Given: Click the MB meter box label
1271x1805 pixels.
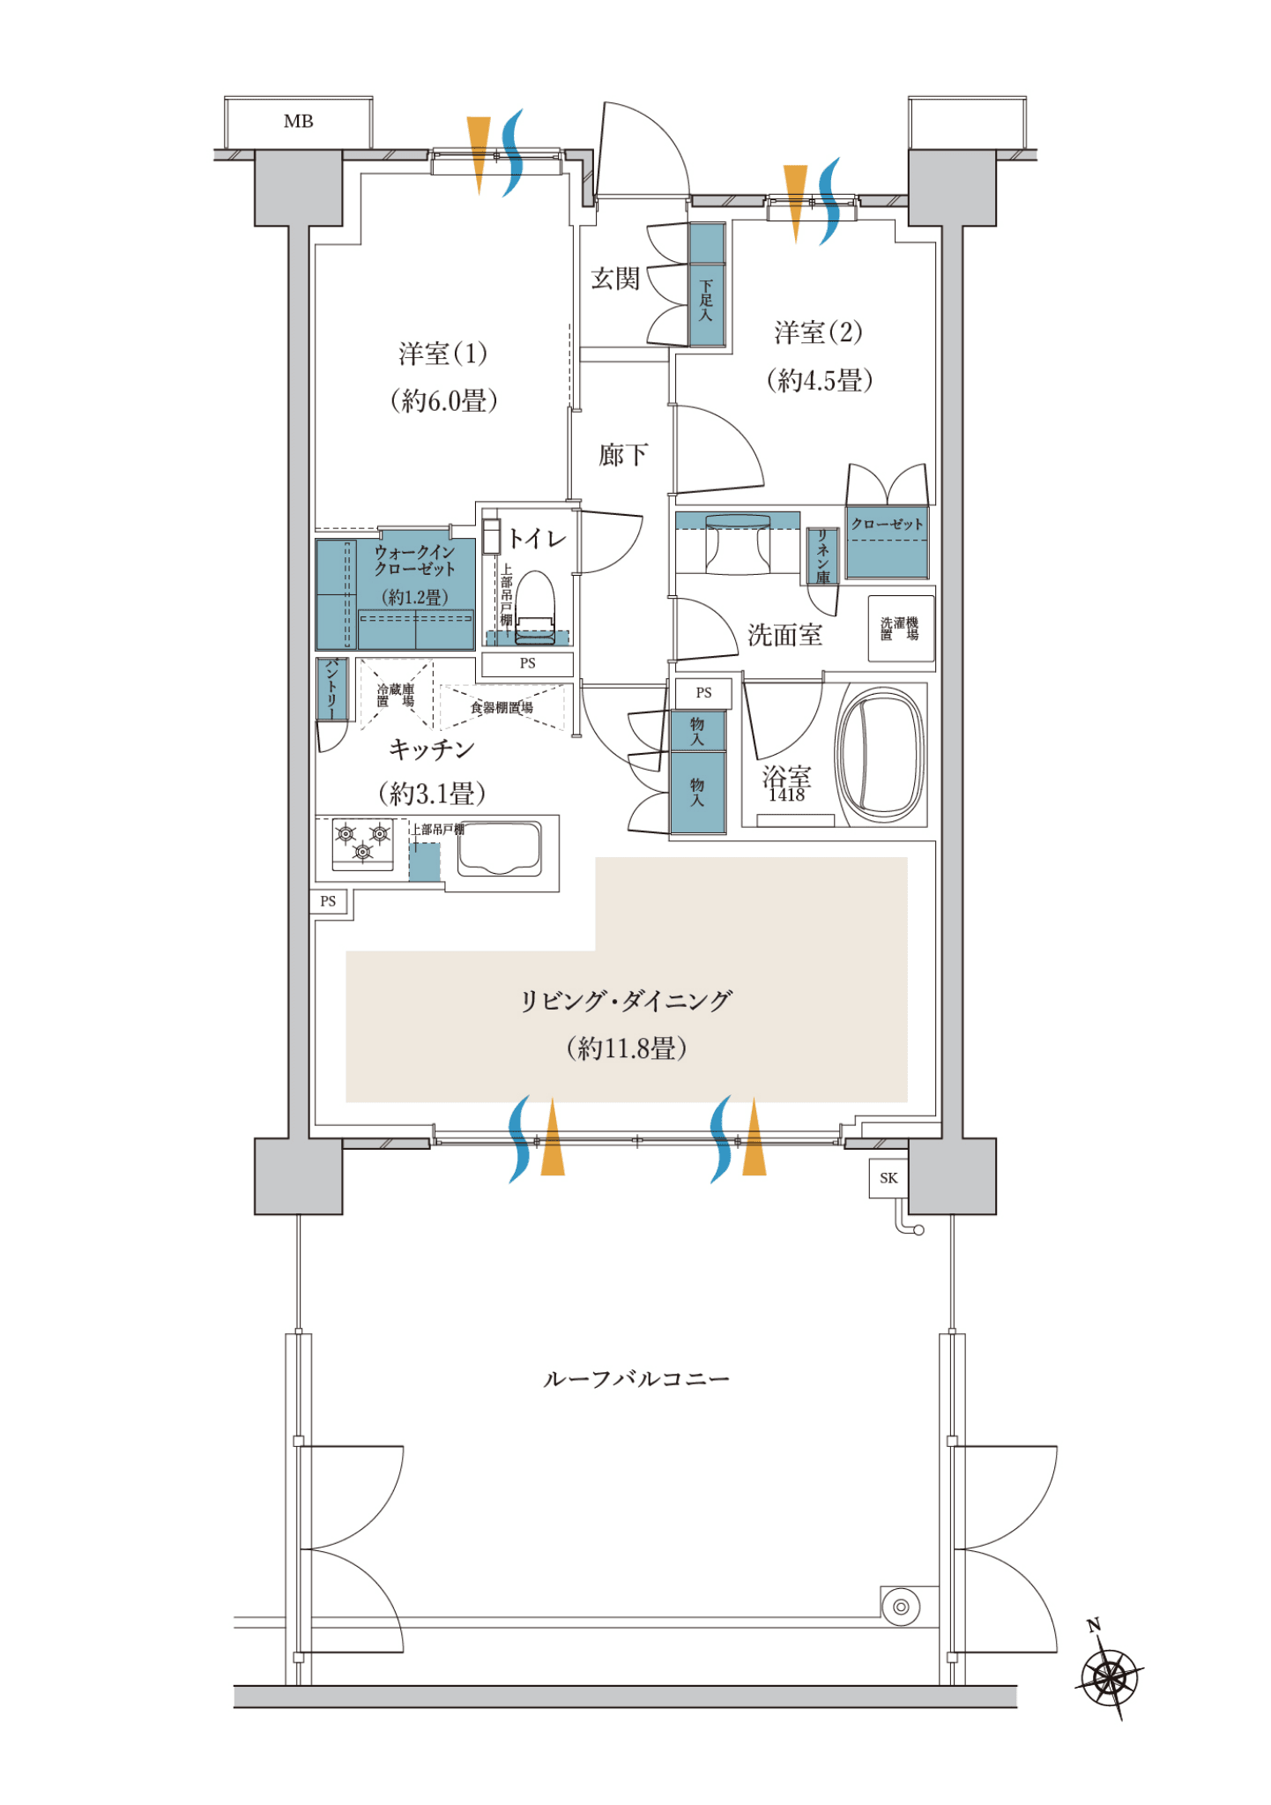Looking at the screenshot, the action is [298, 122].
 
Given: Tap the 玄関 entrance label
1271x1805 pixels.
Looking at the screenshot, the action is [614, 279].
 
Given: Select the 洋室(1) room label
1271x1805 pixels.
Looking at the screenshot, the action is [442, 354].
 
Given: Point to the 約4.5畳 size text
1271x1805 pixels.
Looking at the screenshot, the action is [820, 380].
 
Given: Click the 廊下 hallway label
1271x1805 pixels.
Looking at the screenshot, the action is [623, 455].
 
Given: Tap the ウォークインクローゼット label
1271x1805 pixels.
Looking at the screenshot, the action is [415, 560].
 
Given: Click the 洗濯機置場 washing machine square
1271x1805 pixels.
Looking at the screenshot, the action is [900, 629].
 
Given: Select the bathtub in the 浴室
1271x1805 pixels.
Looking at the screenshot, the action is [881, 755].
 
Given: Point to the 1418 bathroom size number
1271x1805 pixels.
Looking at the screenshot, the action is [786, 795].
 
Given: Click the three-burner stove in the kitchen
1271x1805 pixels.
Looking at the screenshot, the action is [362, 844].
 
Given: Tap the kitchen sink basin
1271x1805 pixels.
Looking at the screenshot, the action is [499, 848].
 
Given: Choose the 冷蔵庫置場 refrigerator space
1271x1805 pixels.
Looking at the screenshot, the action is [396, 696].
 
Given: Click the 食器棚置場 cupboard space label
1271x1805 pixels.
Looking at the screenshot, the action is [502, 707].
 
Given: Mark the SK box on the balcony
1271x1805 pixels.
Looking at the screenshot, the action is [888, 1178].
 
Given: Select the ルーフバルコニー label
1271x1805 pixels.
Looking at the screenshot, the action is [635, 1379].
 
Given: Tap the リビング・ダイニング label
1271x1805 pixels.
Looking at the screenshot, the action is [626, 1001].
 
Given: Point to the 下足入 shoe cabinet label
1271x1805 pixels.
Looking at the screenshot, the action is [706, 300].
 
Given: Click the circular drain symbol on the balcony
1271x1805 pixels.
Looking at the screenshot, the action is [900, 1607].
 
